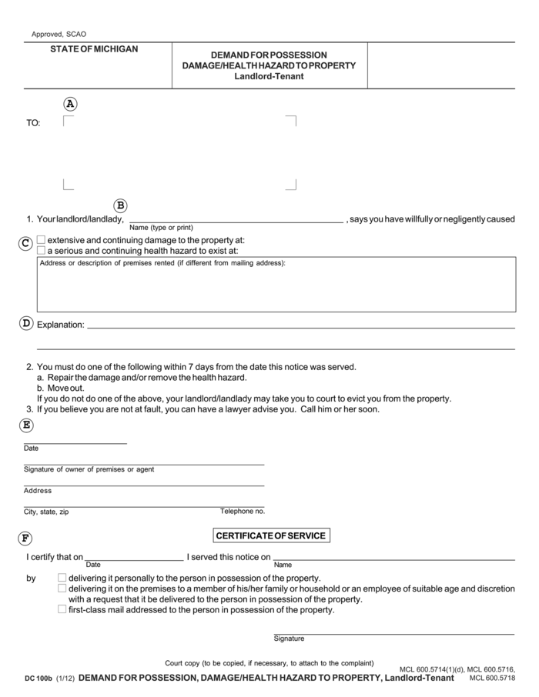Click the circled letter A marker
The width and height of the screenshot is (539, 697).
[x=71, y=104]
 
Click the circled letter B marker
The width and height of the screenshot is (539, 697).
[x=120, y=205]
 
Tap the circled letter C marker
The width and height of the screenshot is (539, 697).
[x=25, y=243]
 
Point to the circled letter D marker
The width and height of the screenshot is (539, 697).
[x=25, y=324]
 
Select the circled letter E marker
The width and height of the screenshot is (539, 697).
[x=26, y=425]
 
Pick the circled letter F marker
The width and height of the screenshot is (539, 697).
[x=26, y=538]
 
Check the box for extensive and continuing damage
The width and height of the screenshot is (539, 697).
[x=42, y=240]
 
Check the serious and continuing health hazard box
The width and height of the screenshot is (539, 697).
[x=42, y=250]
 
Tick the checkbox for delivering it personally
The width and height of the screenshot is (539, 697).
[x=62, y=578]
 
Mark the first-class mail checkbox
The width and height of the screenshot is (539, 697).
[x=62, y=609]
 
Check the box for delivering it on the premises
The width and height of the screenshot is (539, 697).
[x=62, y=589]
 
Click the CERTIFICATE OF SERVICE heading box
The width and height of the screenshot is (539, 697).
[x=271, y=535]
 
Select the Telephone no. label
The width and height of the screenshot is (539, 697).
[x=242, y=511]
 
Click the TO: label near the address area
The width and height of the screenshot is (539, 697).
[x=34, y=123]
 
